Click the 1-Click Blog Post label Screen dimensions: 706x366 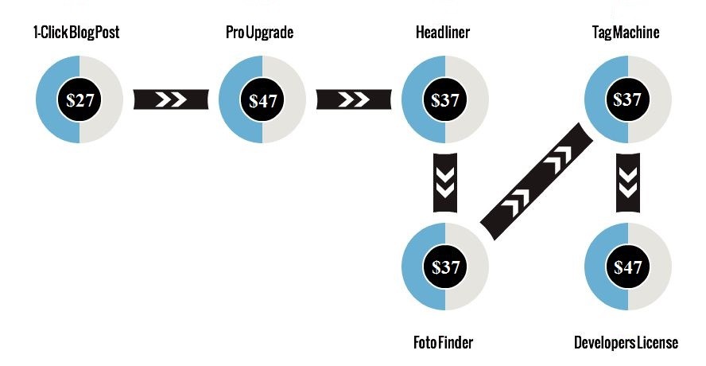(76, 33)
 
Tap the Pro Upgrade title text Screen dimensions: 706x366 (260, 33)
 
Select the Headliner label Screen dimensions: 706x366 (443, 33)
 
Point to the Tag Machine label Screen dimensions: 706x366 (626, 33)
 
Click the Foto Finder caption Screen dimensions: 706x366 (443, 343)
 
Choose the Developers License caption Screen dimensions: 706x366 (626, 343)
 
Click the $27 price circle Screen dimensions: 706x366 (80, 99)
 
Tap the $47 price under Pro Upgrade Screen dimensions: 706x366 (262, 99)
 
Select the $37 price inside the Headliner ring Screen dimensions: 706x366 (445, 99)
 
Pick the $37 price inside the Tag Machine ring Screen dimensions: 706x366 (627, 99)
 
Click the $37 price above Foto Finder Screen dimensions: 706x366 (445, 267)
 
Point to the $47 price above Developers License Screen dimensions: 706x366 (627, 267)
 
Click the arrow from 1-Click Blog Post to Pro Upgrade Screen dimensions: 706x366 (171, 99)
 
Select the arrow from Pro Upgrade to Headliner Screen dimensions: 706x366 (354, 99)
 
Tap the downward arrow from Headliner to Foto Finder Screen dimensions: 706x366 (445, 182)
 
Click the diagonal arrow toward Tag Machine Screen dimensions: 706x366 (537, 181)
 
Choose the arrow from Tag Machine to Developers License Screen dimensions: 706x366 (628, 182)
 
